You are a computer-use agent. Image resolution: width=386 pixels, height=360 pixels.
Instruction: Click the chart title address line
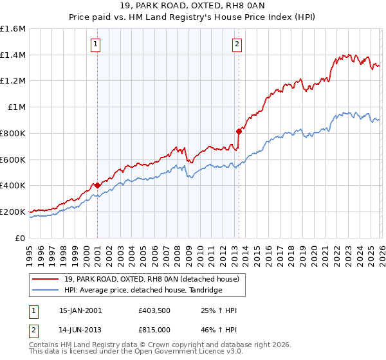click(x=192, y=6)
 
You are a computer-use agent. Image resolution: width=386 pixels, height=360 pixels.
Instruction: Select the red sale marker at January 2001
click(x=97, y=185)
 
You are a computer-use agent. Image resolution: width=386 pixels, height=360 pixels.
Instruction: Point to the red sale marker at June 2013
click(x=238, y=131)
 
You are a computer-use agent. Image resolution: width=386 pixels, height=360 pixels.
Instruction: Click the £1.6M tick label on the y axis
click(x=13, y=29)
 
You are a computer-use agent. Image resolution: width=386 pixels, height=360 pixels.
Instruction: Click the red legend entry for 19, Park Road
click(x=151, y=279)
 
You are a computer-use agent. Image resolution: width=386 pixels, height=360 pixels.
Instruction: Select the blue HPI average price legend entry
click(x=143, y=290)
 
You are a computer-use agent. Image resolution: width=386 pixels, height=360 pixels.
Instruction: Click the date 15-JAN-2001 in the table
click(x=80, y=310)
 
